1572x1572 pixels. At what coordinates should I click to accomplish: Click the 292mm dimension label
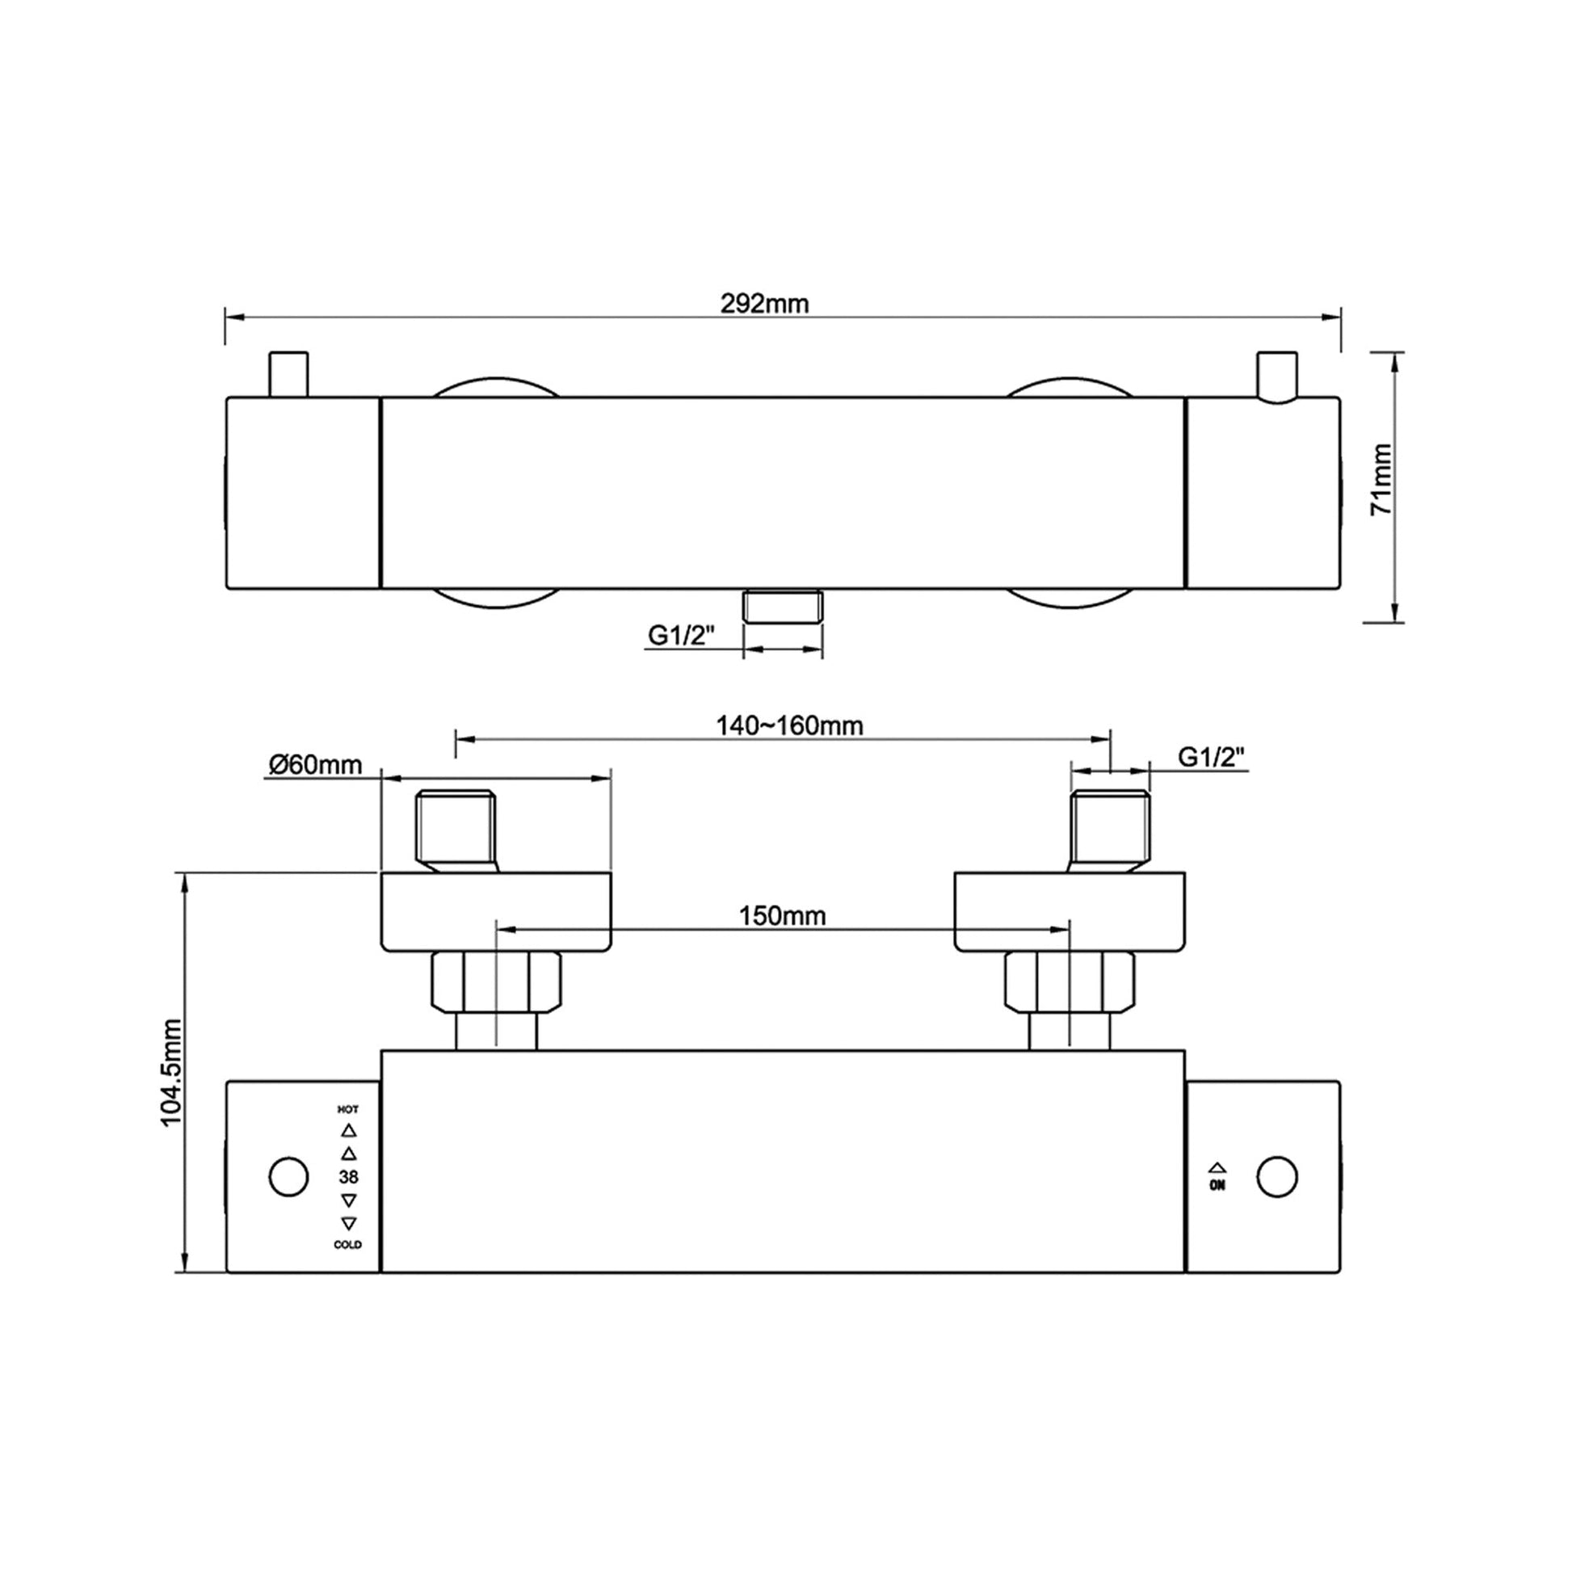coord(765,304)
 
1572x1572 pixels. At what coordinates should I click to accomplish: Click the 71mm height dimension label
coord(1381,479)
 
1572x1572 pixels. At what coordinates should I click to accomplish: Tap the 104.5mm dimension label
coord(173,1073)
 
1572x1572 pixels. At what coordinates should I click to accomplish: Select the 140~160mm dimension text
coord(789,725)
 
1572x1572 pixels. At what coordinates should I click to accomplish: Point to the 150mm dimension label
coord(782,916)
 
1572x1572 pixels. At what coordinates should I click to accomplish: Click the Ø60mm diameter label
coord(316,765)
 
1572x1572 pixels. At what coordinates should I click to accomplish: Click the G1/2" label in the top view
coord(681,635)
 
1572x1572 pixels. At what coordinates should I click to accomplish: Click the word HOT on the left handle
coord(348,1109)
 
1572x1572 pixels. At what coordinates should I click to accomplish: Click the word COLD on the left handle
coord(348,1245)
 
